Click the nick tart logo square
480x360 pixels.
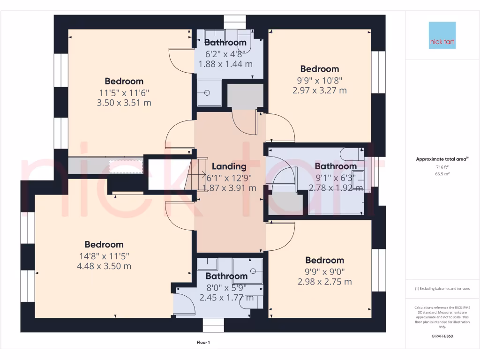pyautogui.click(x=442, y=35)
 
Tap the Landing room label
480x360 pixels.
pyautogui.click(x=229, y=166)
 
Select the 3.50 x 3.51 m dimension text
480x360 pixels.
pyautogui.click(x=124, y=103)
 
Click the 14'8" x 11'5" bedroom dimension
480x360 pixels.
pyautogui.click(x=104, y=256)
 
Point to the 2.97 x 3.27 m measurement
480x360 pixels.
pyautogui.click(x=320, y=90)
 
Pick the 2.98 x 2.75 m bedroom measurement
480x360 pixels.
pyautogui.click(x=324, y=282)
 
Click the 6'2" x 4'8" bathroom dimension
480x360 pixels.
pyautogui.click(x=225, y=53)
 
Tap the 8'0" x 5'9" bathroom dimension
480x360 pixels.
pyautogui.click(x=226, y=287)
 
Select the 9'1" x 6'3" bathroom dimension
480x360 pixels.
pyautogui.click(x=335, y=177)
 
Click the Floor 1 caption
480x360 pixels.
pyautogui.click(x=203, y=343)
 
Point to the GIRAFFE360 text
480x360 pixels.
pyautogui.click(x=442, y=336)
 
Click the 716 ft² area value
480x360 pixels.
pyautogui.click(x=442, y=167)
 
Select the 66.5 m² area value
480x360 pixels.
pyautogui.click(x=442, y=173)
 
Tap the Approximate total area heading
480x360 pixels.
pyautogui.click(x=442, y=159)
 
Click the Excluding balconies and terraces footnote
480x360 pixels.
pyautogui.click(x=442, y=289)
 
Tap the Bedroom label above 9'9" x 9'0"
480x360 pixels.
pyautogui.click(x=324, y=260)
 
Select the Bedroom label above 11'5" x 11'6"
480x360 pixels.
pyautogui.click(x=124, y=81)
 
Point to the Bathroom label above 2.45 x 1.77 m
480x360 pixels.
pyautogui.click(x=226, y=276)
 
